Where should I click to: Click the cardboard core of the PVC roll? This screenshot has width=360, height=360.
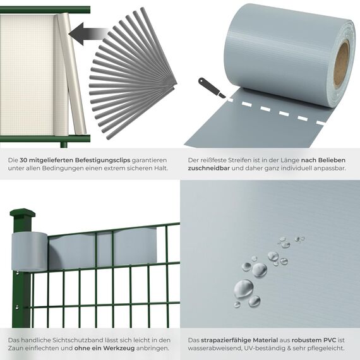point(342,64)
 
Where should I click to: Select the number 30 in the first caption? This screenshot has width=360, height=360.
point(25,160)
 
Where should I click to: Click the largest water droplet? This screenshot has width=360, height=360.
point(244,289)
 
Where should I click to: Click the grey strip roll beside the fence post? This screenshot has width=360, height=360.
point(30,251)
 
